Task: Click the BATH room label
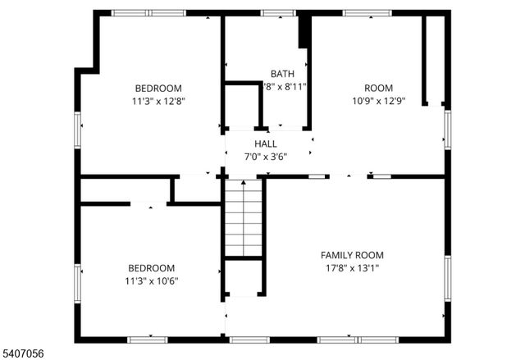pos(282,73)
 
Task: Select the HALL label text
pos(265,144)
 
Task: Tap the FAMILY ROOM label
pos(352,255)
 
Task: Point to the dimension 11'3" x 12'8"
pos(158,103)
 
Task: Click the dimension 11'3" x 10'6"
pos(151,280)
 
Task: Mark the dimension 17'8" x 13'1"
pos(352,268)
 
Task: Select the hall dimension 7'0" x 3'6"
pos(265,157)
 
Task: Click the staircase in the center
pos(244,217)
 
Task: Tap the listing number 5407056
pos(24,353)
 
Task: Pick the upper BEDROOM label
pos(158,89)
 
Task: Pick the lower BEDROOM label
pos(151,267)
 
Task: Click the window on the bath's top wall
pos(278,13)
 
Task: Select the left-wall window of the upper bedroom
pos(78,131)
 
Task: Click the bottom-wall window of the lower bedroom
pos(148,339)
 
